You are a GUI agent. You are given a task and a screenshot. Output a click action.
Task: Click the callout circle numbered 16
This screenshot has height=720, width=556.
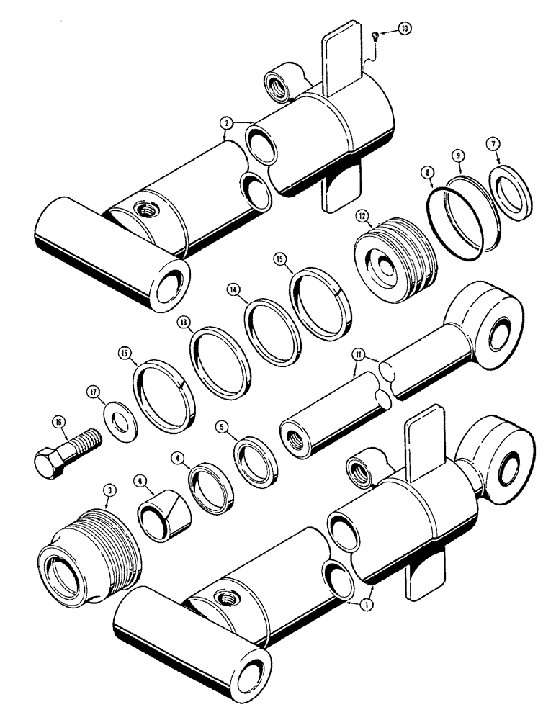pos(57,423)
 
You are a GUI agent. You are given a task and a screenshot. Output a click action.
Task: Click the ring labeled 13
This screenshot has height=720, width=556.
pos(221,358)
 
